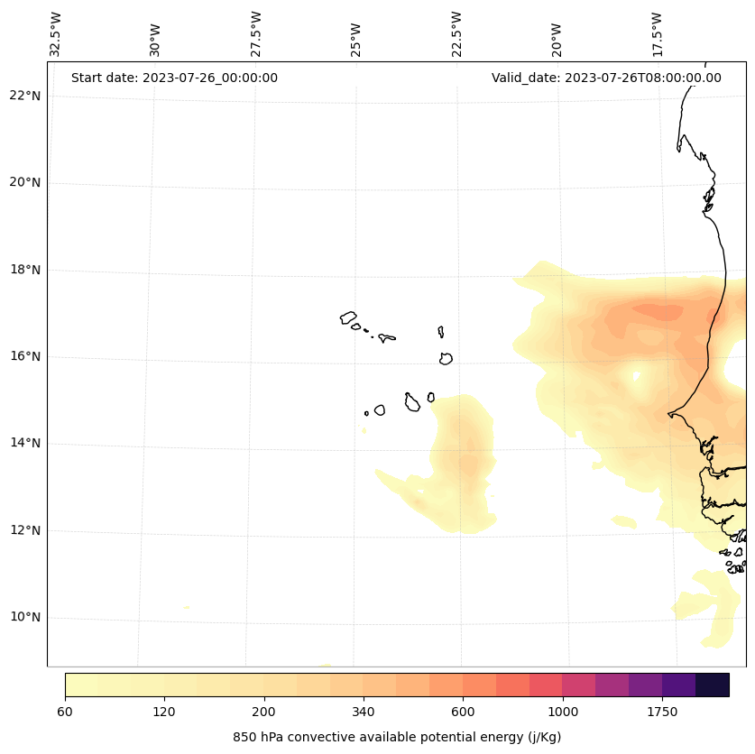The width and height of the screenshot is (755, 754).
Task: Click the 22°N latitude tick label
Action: (25, 96)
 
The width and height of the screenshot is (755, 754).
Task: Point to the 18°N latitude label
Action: (25, 270)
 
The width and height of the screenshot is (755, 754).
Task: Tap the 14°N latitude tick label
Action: (25, 443)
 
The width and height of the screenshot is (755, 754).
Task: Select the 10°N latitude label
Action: (25, 617)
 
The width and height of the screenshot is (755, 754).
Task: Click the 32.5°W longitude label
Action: (56, 34)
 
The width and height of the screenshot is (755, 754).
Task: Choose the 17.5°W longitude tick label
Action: (657, 34)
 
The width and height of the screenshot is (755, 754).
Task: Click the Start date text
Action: (174, 78)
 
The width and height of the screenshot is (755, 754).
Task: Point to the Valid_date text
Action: (606, 78)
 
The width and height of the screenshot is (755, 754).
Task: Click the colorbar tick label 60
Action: (65, 712)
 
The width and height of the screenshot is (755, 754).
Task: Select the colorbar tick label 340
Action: (364, 712)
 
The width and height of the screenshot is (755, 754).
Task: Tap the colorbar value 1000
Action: (563, 712)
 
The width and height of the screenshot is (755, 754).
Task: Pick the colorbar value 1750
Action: (662, 712)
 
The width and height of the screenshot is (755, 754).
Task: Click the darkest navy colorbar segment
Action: (713, 685)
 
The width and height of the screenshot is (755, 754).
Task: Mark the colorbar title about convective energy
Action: (397, 737)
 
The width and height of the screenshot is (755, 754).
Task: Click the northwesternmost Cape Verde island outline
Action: (348, 317)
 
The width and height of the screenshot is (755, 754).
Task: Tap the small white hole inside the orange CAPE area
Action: (636, 376)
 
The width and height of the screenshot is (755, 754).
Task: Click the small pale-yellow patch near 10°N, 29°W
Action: (186, 607)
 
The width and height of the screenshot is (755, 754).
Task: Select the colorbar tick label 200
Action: (264, 712)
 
